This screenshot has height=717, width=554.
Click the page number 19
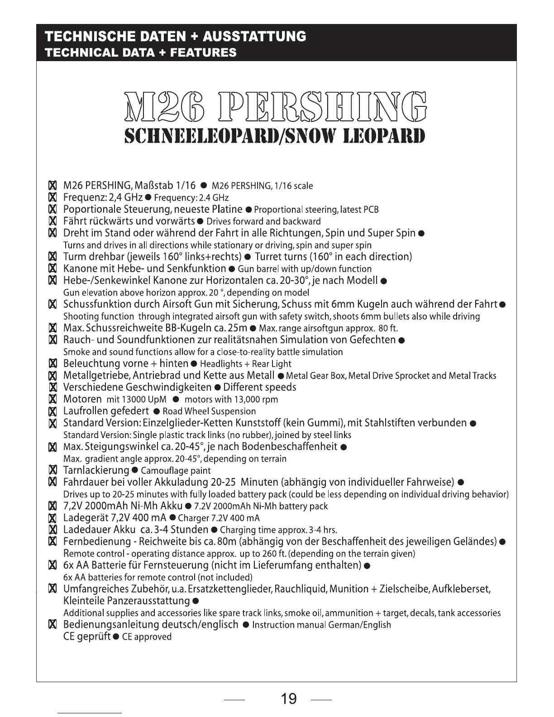(x=289, y=698)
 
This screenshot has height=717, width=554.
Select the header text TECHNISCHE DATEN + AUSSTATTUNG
(x=176, y=36)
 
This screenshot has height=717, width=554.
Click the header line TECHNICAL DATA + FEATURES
(x=141, y=53)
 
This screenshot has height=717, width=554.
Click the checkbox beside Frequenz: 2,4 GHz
(x=53, y=198)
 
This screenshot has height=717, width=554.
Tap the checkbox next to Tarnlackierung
(x=53, y=471)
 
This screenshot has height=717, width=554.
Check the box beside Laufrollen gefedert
(x=53, y=411)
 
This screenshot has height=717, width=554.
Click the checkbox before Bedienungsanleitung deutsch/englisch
(x=53, y=625)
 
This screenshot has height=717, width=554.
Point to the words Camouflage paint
(x=176, y=471)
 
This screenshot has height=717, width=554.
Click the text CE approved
(x=147, y=637)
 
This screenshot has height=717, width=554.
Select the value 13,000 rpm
(x=256, y=400)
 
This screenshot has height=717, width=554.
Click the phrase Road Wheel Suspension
(x=209, y=411)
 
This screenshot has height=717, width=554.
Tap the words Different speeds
(x=260, y=387)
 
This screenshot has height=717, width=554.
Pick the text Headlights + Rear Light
(x=245, y=364)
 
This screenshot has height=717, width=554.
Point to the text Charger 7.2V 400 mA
(x=219, y=518)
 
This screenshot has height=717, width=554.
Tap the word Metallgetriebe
(x=93, y=376)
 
